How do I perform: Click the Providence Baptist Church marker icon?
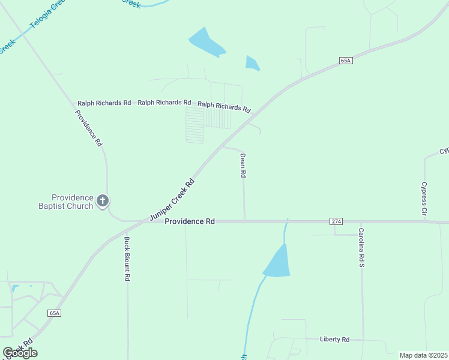103,200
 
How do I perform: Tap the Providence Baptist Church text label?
72,202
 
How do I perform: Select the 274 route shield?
336,221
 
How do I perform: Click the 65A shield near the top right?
345,61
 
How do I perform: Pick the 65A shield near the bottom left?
55,313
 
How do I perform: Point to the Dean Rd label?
243,165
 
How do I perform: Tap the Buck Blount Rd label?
127,259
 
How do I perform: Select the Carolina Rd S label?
361,247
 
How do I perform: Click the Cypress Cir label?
424,199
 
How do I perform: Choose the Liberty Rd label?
335,339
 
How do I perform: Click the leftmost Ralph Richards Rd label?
104,103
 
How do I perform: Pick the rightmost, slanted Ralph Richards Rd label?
224,107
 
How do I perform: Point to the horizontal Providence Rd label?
190,221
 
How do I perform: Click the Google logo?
20,352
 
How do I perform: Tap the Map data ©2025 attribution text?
424,355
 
